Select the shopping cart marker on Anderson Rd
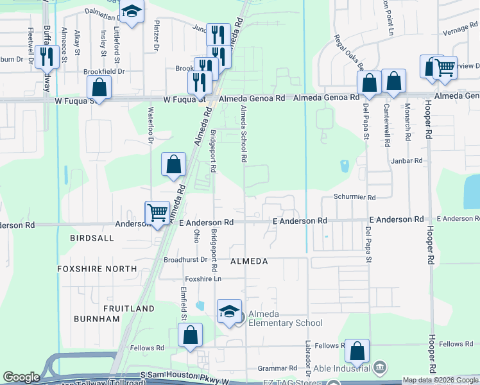coord(157,212)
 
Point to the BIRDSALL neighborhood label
coord(94,238)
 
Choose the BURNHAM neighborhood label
coord(97,319)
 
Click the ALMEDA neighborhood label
coord(248,262)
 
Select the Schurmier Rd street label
coord(354,198)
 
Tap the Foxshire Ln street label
coord(203,279)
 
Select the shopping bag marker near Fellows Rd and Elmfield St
coord(190,335)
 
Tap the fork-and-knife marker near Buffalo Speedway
coord(46,57)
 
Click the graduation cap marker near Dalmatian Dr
coord(132,12)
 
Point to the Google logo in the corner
coord(21,377)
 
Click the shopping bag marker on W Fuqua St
coord(99,87)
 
